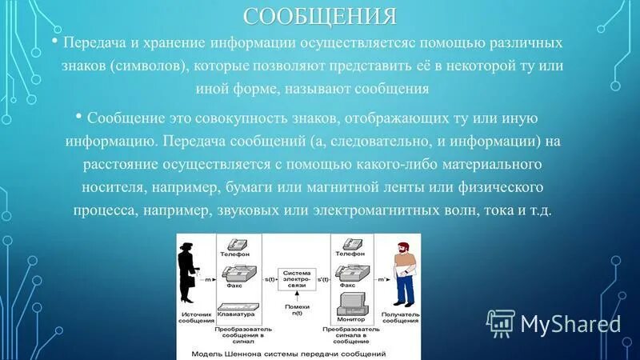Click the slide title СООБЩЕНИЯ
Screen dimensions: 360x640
point(320,15)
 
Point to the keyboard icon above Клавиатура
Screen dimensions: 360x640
point(238,306)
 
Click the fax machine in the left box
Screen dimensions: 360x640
point(237,274)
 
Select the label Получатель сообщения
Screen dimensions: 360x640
point(400,318)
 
